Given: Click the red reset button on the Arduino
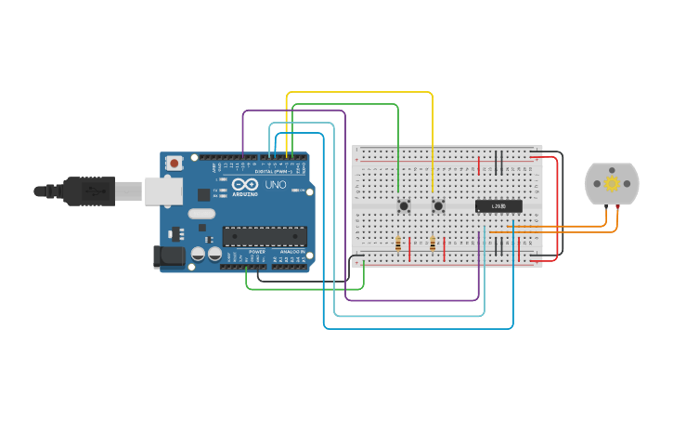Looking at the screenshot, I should (x=175, y=163).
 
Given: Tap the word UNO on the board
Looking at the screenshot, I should (x=276, y=185).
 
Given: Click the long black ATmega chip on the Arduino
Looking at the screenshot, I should (x=264, y=236).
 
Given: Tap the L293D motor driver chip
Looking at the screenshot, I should (x=498, y=205).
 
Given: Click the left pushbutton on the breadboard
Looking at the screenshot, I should (x=403, y=205).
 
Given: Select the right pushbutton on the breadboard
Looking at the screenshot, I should (x=437, y=205).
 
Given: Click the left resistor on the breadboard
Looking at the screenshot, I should (x=398, y=244).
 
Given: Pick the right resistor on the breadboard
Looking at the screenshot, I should (x=433, y=244).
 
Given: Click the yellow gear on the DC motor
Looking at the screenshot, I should (x=612, y=184).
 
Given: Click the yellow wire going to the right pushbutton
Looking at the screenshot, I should (x=433, y=139).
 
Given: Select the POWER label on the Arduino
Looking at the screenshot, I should (x=256, y=252).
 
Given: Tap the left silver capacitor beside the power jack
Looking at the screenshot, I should (x=198, y=254).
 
